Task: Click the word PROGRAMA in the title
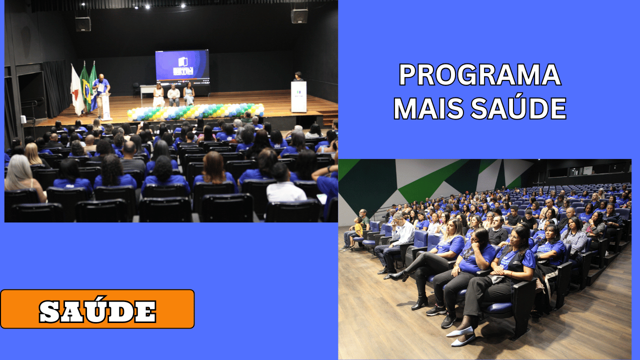[x=480, y=75]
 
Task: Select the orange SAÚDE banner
[x=97, y=309]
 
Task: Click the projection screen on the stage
[x=182, y=65]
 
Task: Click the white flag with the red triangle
[x=76, y=90]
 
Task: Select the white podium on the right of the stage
[x=298, y=96]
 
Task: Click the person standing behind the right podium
[x=298, y=76]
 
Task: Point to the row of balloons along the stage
[x=195, y=111]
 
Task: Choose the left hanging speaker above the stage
[x=83, y=24]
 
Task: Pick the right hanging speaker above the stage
[x=299, y=16]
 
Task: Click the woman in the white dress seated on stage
[x=158, y=95]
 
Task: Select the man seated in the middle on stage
[x=173, y=95]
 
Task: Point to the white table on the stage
[x=147, y=90]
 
